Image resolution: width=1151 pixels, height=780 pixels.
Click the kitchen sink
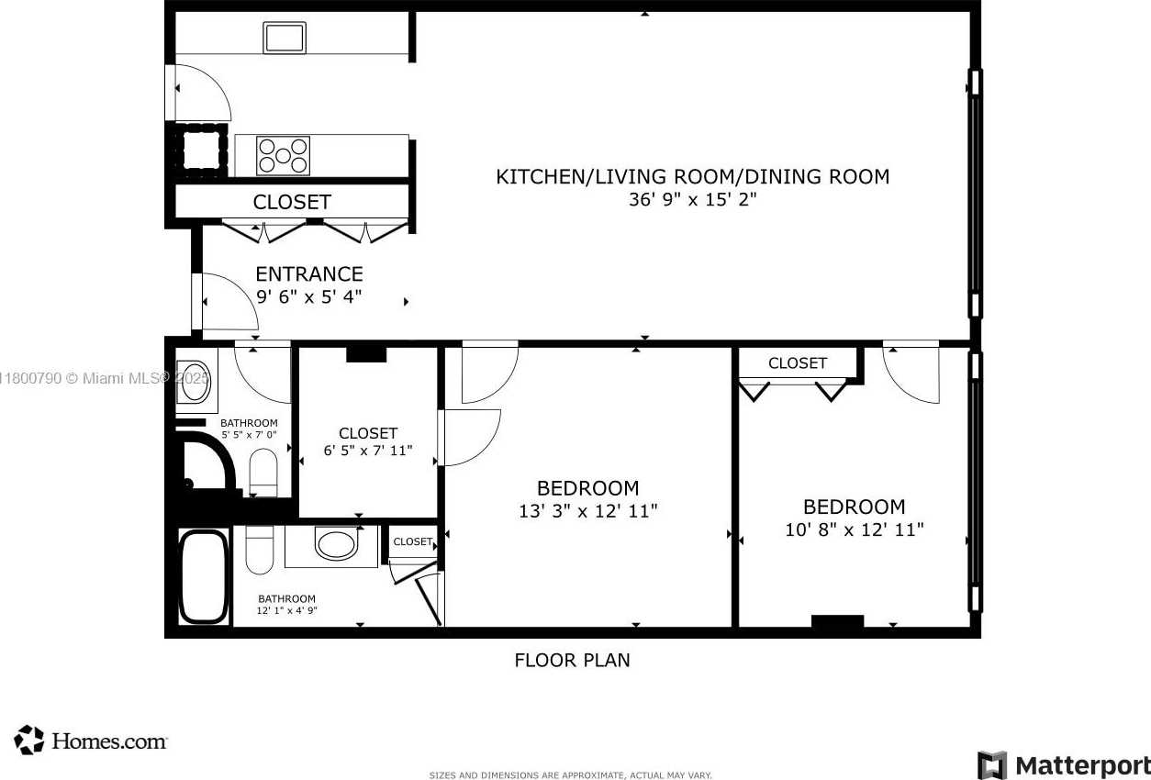pos(285,38)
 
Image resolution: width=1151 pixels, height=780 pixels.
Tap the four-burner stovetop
pos(283,155)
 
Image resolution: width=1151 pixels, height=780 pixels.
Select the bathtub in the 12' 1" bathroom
pos(204,577)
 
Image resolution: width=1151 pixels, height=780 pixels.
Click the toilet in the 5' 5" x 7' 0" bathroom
pos(263,473)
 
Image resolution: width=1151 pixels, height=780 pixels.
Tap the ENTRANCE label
pos(309,274)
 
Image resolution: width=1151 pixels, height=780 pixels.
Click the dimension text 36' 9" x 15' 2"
pos(693,199)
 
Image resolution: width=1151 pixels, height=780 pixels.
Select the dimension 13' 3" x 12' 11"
pos(587,511)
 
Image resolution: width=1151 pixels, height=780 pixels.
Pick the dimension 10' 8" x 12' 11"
pos(854,529)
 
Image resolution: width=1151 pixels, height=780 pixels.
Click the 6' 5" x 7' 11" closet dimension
pos(368,451)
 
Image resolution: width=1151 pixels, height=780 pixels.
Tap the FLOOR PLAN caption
pos(572,661)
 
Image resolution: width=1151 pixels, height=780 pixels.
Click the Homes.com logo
pos(91,741)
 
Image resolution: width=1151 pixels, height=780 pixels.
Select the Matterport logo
pos(1064,765)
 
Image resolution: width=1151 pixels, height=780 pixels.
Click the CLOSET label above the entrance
pos(292,202)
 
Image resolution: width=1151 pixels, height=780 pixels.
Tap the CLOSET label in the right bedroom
pos(798,363)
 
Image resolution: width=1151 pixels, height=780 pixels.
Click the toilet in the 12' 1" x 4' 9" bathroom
pos(260,550)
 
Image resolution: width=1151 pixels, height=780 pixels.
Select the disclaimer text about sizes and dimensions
pos(570,774)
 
